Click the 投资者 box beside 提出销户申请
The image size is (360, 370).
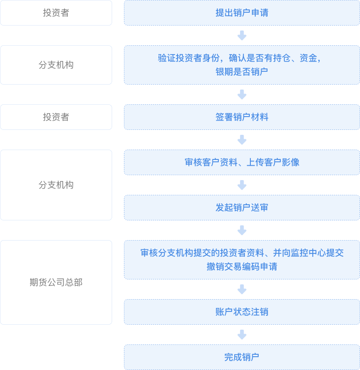click(x=56, y=13)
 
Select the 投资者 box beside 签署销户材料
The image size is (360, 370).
click(x=56, y=117)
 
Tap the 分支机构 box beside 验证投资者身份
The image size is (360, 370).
click(x=56, y=65)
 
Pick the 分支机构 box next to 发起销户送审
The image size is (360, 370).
click(x=56, y=185)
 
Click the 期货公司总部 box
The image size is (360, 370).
click(x=56, y=282)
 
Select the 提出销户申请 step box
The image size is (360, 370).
click(x=241, y=13)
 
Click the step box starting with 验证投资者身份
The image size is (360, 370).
click(x=241, y=65)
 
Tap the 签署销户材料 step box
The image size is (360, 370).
click(x=241, y=117)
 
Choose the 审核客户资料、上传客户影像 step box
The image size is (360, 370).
click(x=241, y=162)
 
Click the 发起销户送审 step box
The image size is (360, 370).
click(x=241, y=208)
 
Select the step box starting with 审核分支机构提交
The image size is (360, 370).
click(x=241, y=260)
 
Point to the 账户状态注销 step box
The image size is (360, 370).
click(x=241, y=312)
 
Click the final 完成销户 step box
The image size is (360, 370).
click(x=241, y=357)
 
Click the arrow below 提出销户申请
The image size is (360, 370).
click(x=241, y=35)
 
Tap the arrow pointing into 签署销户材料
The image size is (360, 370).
click(x=241, y=94)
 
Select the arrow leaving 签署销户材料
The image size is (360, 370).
click(x=241, y=140)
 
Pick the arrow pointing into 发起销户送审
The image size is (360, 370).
click(x=241, y=185)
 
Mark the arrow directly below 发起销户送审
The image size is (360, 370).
click(x=241, y=230)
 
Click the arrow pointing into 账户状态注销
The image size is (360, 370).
click(x=241, y=289)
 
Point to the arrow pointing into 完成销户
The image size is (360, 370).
click(x=241, y=335)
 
